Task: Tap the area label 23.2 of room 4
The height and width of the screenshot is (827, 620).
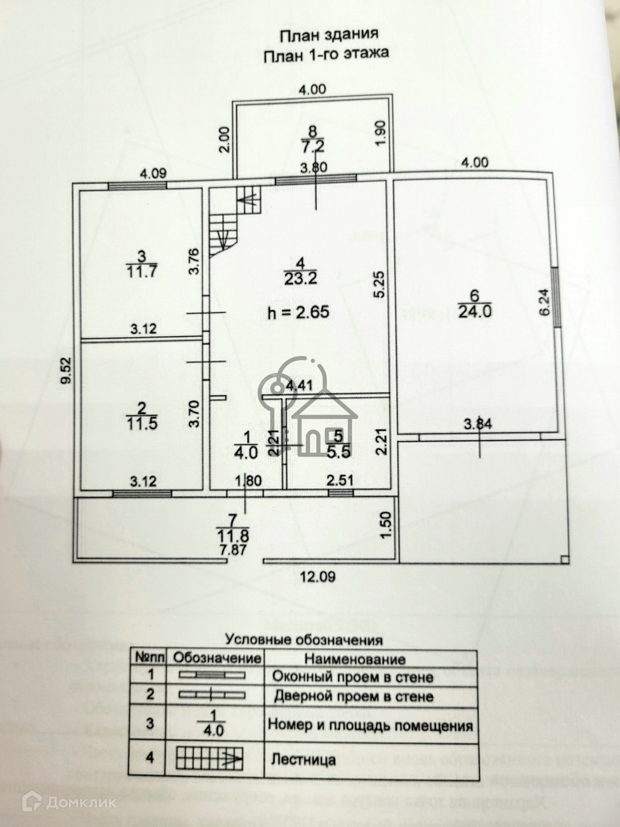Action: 300,278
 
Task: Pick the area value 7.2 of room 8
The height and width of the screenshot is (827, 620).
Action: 314,146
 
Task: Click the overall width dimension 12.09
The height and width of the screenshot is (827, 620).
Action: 316,576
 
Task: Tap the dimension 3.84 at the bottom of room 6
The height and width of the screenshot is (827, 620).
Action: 478,425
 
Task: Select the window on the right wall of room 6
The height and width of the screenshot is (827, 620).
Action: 556,299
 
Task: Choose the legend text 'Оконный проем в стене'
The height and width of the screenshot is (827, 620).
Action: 352,677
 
